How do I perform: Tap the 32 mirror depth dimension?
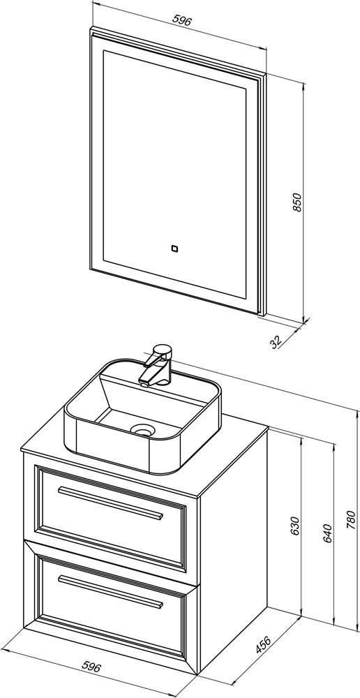tap(276, 341)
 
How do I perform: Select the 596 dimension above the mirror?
tap(183, 20)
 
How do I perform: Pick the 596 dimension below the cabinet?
tap(92, 667)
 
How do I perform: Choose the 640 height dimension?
tap(327, 533)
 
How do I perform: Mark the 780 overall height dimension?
tap(351, 519)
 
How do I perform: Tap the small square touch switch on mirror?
tap(175, 248)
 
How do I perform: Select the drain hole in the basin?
tap(142, 429)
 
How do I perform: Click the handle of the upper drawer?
tap(110, 503)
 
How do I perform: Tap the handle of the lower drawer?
tap(110, 591)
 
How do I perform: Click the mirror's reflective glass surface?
tap(174, 174)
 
